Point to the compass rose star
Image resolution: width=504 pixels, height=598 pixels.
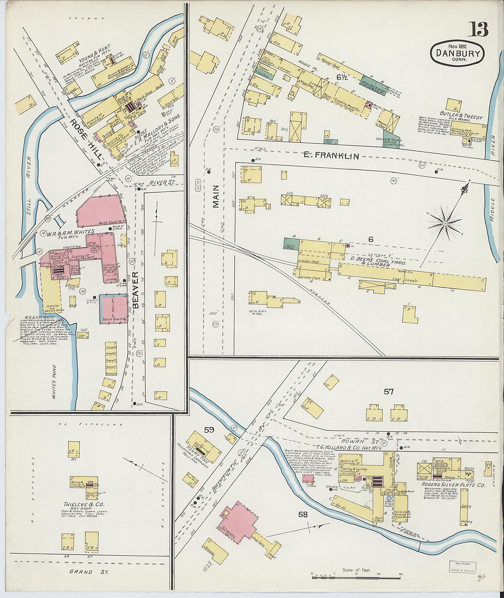click(x=445, y=223)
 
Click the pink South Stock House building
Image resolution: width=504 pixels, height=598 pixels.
click(x=113, y=309)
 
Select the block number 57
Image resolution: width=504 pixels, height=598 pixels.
click(x=389, y=392)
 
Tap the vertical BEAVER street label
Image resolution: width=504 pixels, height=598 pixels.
click(x=135, y=290)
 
